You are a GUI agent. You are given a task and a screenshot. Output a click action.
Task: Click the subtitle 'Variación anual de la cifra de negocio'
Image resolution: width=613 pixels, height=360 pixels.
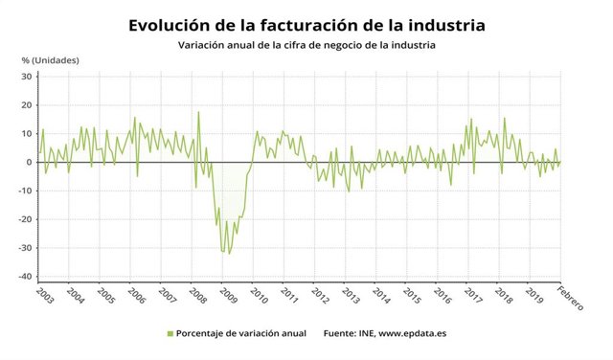point(306,45)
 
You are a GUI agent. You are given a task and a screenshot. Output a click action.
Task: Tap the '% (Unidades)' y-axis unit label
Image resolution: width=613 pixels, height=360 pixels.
point(51,61)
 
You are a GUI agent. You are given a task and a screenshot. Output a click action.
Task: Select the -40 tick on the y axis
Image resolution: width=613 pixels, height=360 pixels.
point(24,277)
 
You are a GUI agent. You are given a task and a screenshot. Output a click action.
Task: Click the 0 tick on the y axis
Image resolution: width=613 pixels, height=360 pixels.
point(29,162)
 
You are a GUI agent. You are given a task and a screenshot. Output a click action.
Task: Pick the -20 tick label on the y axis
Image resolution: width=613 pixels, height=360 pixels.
point(24,219)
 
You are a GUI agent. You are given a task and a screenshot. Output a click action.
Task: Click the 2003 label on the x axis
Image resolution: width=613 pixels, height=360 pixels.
point(45,294)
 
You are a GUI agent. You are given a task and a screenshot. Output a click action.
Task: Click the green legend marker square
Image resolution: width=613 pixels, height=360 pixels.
point(170,334)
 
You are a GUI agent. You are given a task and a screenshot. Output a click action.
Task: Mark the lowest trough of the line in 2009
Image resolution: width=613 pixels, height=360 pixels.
point(229,254)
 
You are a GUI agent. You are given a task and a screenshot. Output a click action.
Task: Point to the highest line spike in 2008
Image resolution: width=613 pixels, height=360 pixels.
point(198,112)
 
